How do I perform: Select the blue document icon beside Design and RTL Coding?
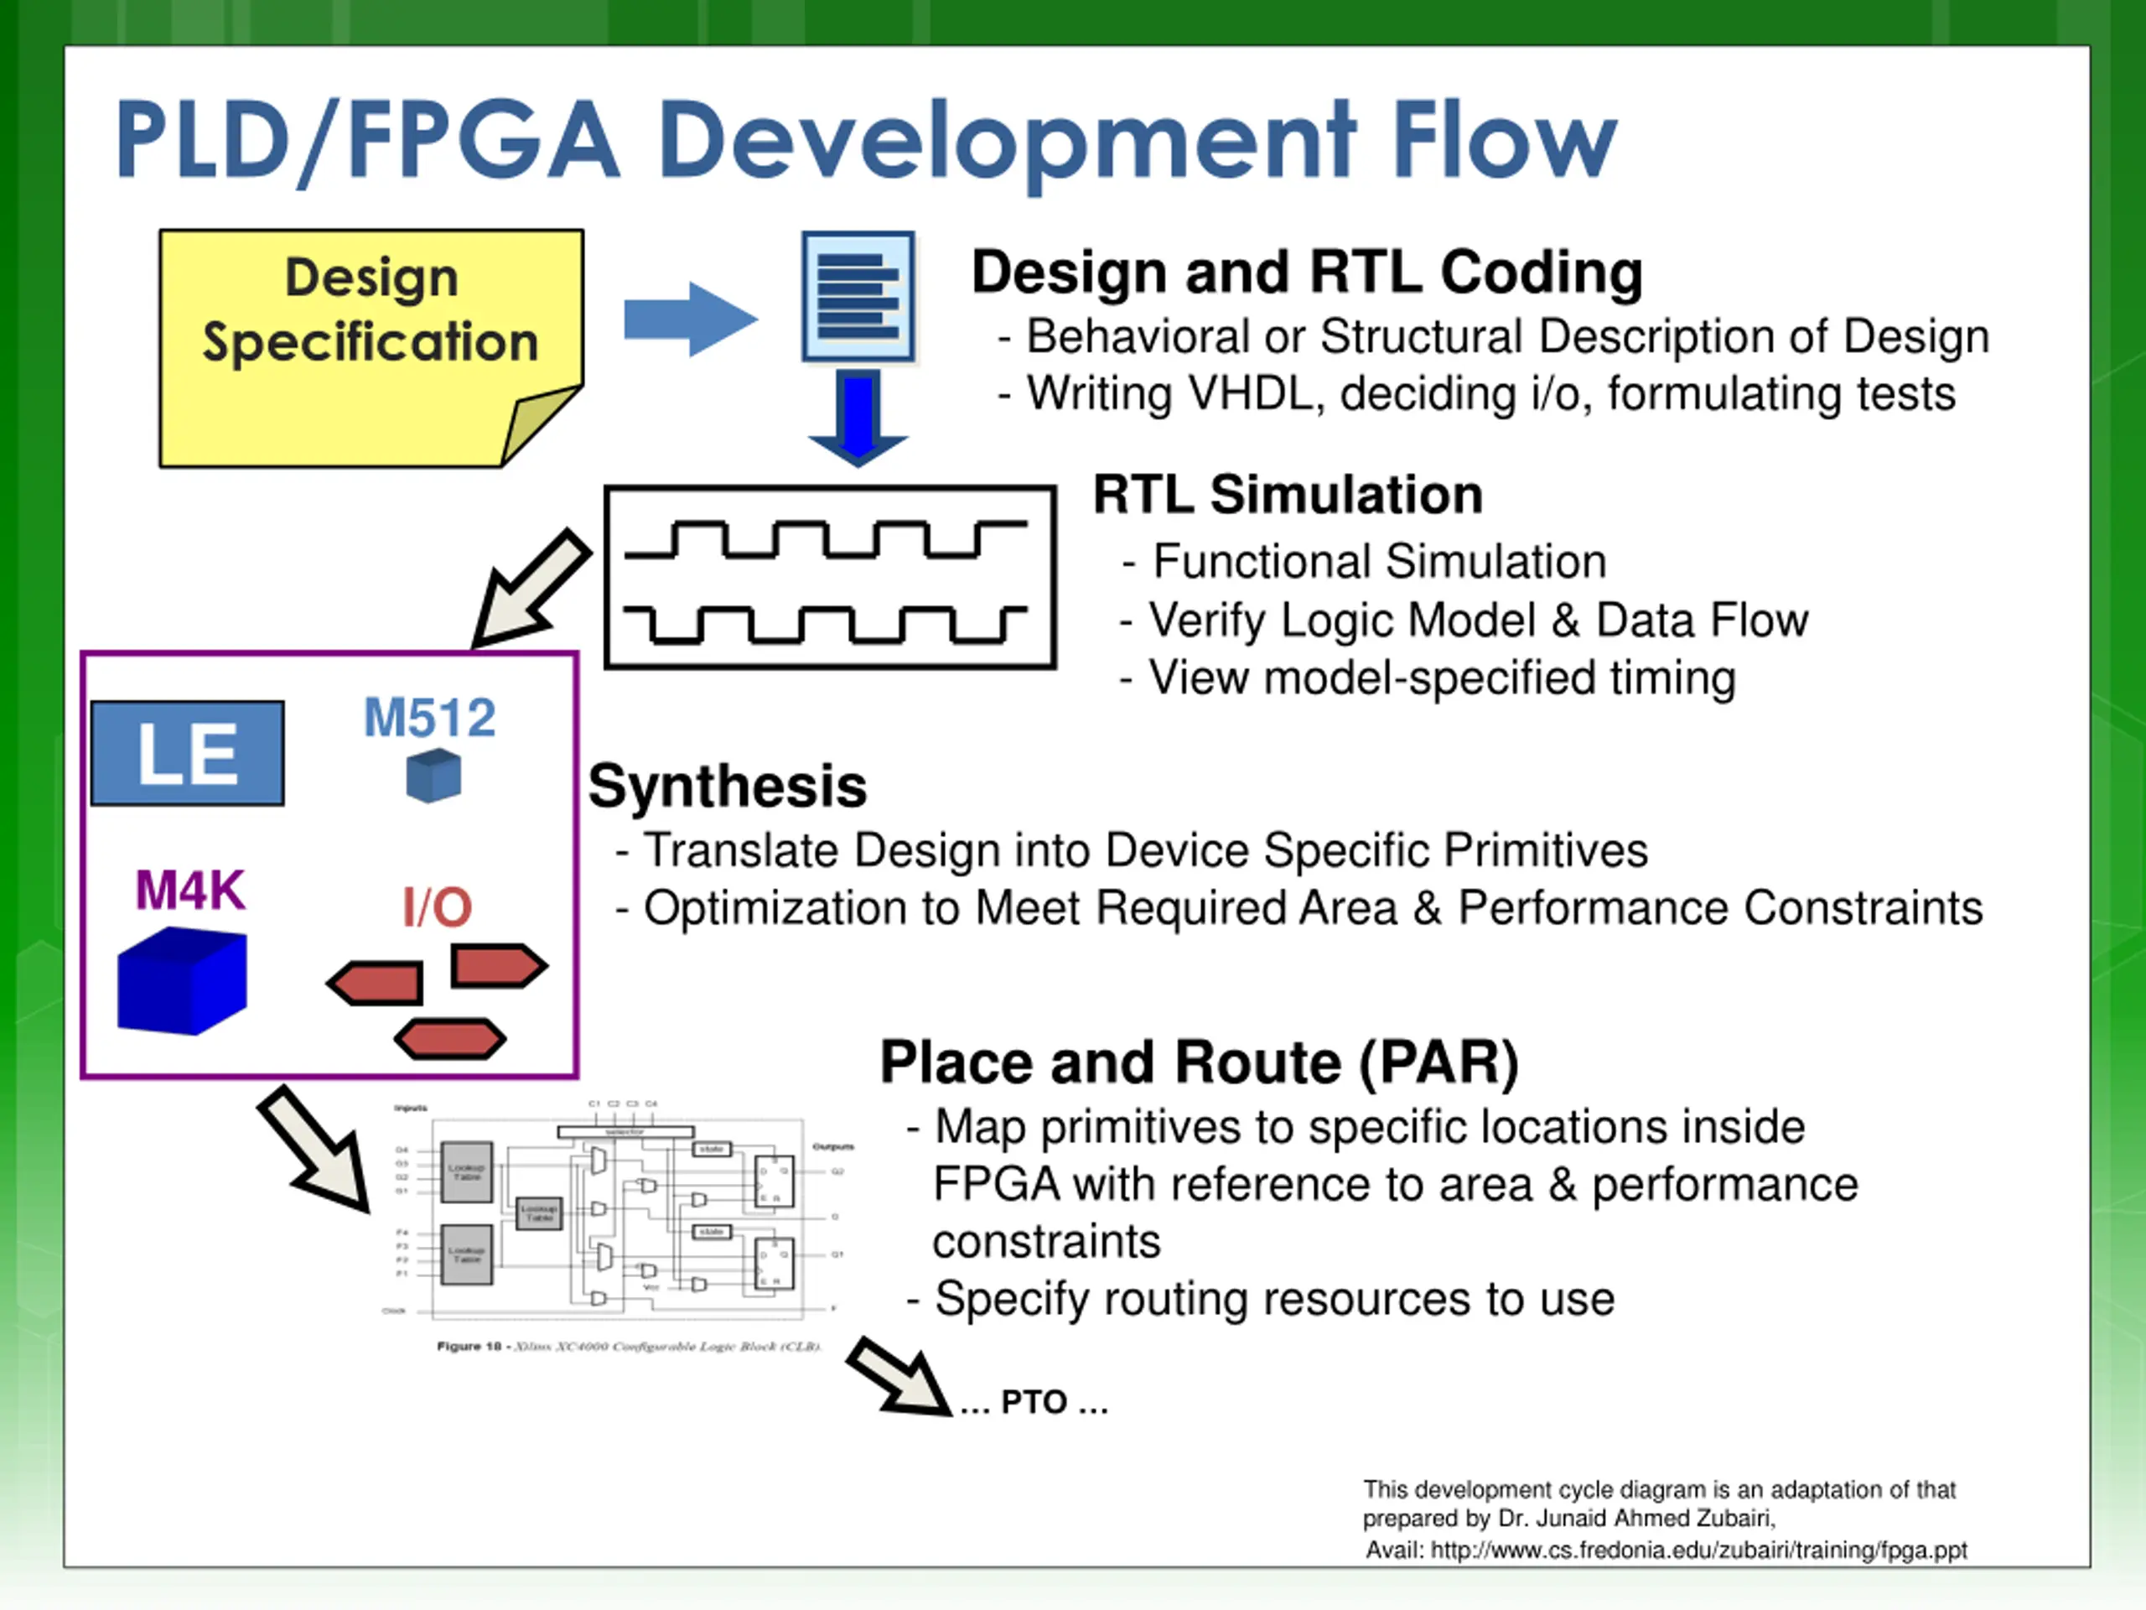tap(858, 297)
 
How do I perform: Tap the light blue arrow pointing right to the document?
tap(690, 319)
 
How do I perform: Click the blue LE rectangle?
tap(187, 753)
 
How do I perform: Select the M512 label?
tap(430, 718)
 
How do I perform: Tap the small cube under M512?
tap(433, 776)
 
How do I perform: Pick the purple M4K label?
tap(190, 890)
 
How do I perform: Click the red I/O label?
tap(437, 908)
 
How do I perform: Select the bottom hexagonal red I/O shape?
tap(449, 1039)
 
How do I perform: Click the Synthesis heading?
tap(728, 786)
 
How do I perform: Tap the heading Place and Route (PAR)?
tap(1199, 1062)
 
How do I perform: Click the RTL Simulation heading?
tap(1288, 495)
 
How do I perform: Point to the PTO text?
tap(1034, 1402)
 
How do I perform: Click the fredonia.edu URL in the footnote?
tap(1698, 1550)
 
